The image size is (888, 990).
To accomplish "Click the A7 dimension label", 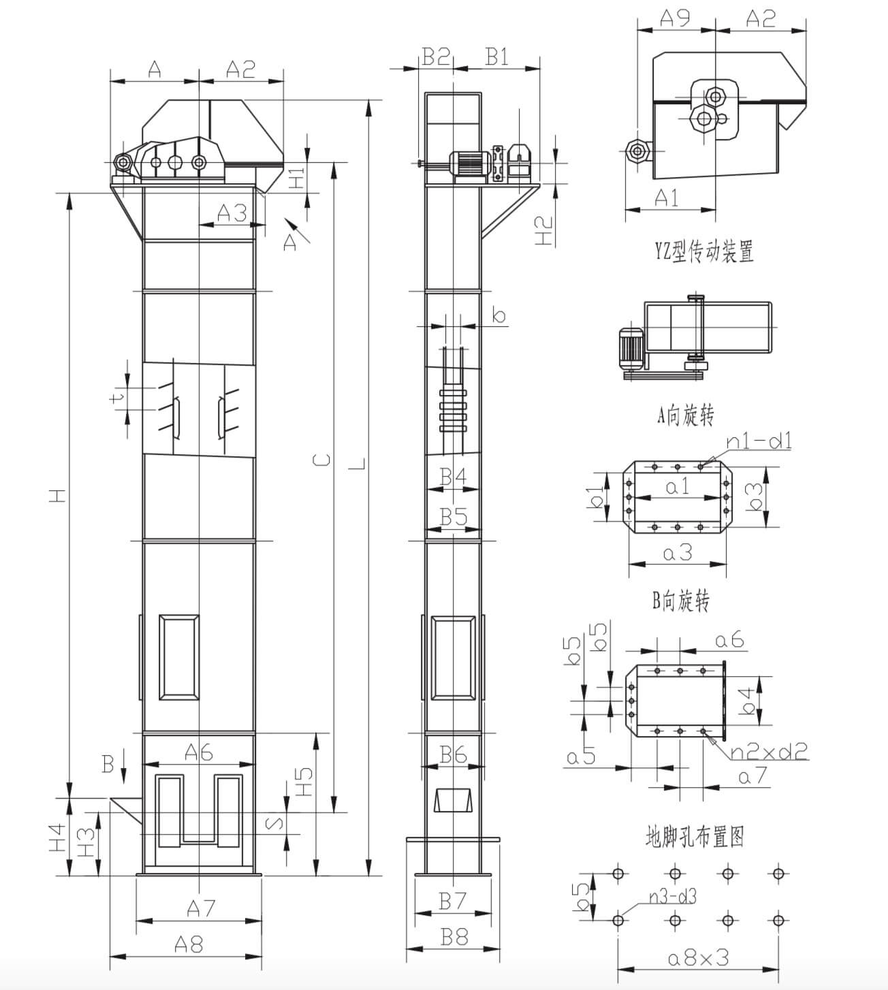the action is coord(201,908).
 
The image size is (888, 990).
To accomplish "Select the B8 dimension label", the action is coord(454,937).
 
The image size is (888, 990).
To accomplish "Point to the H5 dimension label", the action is coord(304,782).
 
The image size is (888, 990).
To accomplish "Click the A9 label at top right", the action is coord(674,18).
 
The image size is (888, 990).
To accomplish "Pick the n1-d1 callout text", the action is coord(759,441).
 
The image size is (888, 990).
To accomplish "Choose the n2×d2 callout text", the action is coord(769,751).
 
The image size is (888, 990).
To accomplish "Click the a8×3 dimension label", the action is coord(698,957).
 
